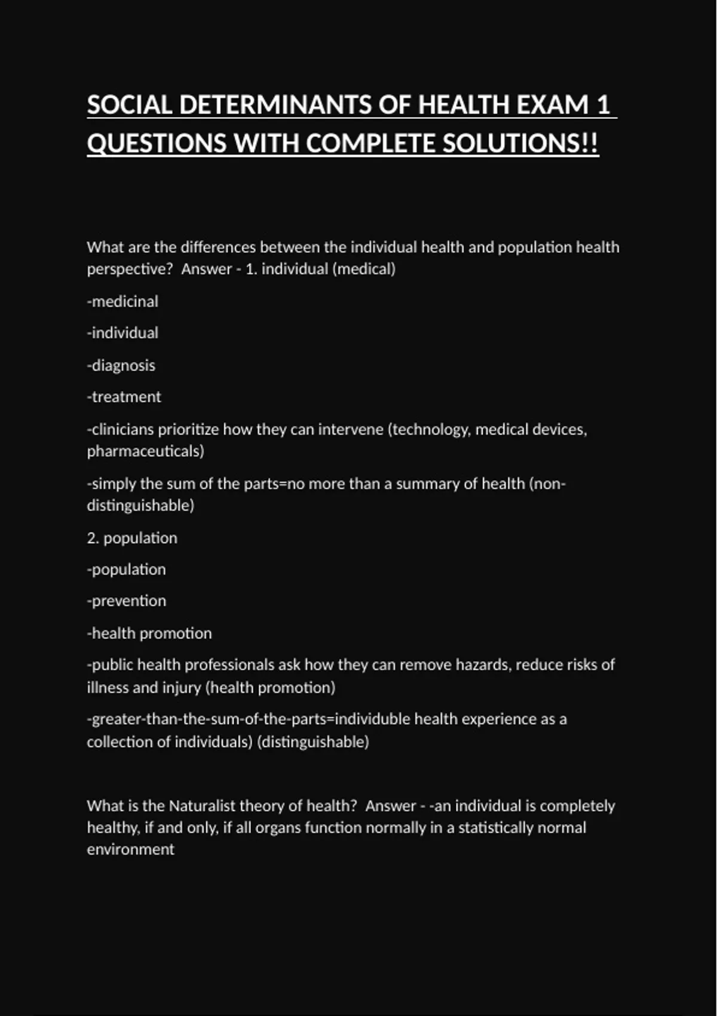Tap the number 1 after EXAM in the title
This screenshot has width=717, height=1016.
[603, 105]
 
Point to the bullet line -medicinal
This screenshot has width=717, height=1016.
[123, 301]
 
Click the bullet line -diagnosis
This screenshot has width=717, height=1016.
[121, 365]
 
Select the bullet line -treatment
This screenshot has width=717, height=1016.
[124, 397]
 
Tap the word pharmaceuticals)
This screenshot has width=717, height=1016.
[146, 451]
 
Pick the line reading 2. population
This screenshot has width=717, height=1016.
[132, 538]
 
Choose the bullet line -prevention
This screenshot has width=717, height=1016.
[127, 601]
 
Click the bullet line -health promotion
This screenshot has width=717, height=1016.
[149, 633]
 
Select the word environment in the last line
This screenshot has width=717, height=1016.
[131, 849]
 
